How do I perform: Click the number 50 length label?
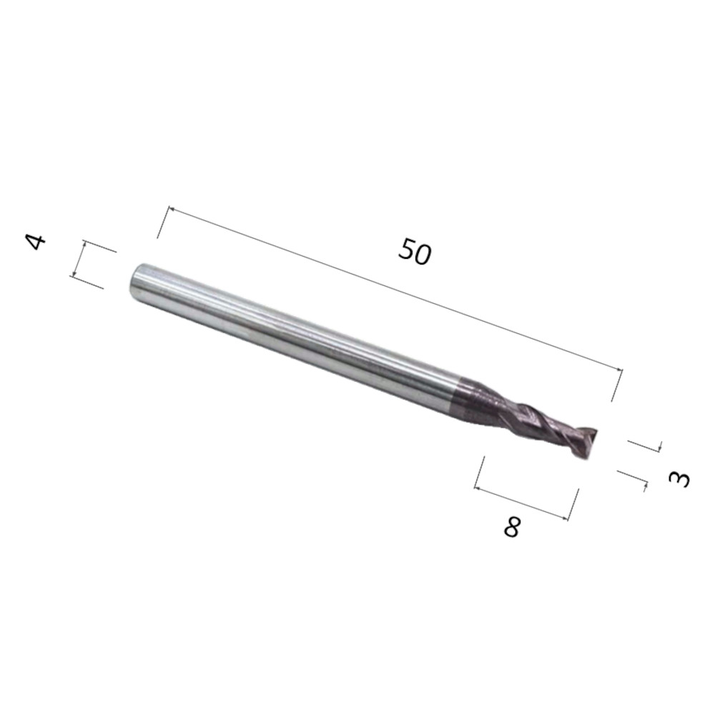pos(415,252)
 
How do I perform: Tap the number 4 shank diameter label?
pos(36,241)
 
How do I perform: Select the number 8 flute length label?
pos(512,528)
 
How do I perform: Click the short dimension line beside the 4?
pos(79,259)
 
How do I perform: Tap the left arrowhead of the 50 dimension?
pos(171,209)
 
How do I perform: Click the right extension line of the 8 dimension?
pos(573,504)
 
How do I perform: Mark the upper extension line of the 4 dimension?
pos(100,247)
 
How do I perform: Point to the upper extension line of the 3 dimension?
pos(644,445)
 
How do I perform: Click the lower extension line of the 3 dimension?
pos(632,478)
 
